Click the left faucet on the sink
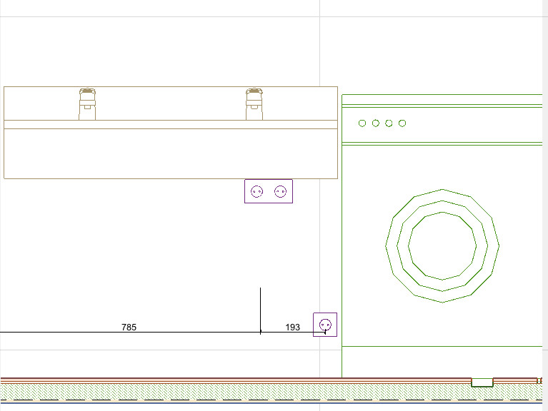tap(87, 104)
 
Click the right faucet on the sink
tap(254, 104)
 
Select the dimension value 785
tap(129, 328)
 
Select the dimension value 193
tap(292, 328)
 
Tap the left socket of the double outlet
tap(257, 191)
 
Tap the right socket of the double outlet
tap(280, 191)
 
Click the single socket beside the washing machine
tap(325, 325)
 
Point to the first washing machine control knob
tap(362, 123)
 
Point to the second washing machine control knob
tap(376, 123)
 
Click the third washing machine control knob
tap(389, 123)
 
